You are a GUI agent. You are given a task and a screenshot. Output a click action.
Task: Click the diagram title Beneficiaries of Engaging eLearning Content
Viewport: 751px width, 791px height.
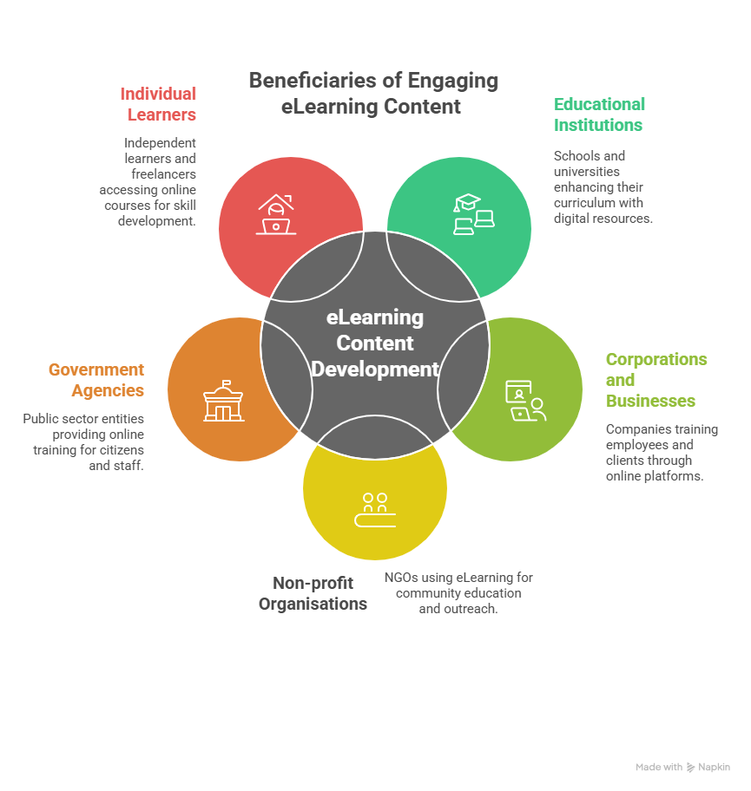click(x=373, y=94)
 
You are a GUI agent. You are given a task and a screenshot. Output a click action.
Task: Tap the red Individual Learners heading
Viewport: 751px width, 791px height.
click(x=158, y=104)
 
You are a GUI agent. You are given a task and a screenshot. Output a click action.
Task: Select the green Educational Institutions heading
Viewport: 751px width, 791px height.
click(x=599, y=114)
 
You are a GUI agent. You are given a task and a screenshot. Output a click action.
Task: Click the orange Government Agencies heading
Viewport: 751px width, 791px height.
click(x=96, y=380)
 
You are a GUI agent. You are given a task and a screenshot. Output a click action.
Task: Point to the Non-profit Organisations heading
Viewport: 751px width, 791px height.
click(x=313, y=593)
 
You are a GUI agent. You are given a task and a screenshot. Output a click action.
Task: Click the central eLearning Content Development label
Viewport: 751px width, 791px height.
click(x=375, y=343)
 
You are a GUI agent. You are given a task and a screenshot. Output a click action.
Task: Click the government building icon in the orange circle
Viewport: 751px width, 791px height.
click(x=223, y=401)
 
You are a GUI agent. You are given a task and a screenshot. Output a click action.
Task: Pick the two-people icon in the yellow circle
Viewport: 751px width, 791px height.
click(x=375, y=510)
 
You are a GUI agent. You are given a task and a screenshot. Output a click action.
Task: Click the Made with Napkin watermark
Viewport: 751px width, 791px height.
click(x=682, y=767)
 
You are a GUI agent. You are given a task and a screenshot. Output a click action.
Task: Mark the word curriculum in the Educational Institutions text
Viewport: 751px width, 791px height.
click(x=584, y=203)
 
